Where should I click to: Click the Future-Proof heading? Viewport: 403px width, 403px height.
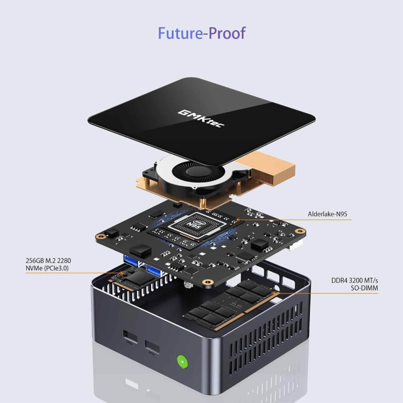201,33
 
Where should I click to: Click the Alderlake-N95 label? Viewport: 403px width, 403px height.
327,214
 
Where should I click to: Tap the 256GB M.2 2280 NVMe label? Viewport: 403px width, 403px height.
48,264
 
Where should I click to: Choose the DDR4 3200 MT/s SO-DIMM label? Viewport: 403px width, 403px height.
354,284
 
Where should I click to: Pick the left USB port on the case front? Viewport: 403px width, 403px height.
130,337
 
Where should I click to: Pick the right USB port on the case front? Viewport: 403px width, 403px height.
152,347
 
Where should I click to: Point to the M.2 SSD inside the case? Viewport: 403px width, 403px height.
134,279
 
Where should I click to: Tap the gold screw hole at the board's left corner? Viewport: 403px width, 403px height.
101,236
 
